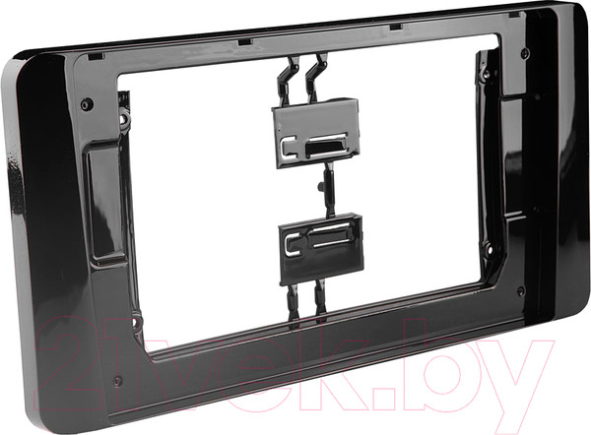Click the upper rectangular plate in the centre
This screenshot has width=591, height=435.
315,133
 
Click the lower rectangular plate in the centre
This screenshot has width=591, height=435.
321,249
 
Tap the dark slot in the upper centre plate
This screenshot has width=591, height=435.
324,147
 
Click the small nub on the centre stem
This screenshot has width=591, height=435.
321,186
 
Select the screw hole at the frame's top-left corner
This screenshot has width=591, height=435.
87,103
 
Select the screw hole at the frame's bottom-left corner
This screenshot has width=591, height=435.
117,381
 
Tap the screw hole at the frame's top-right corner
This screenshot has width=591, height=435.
525,52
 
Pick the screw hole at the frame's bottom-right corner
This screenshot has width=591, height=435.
521,290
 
